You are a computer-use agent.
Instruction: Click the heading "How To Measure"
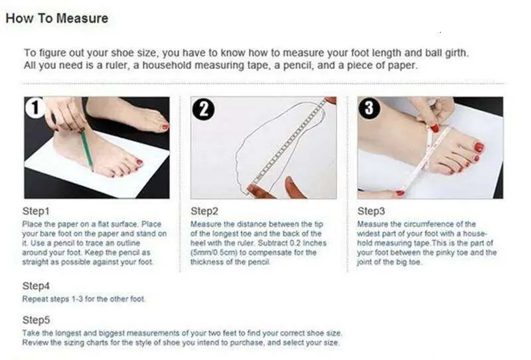click(57, 18)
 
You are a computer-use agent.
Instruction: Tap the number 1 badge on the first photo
click(35, 108)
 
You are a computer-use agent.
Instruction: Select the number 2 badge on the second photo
click(203, 109)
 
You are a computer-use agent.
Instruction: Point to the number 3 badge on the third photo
click(369, 108)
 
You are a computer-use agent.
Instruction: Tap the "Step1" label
click(36, 211)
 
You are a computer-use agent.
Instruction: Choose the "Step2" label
click(204, 211)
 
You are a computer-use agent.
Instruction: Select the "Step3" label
click(371, 211)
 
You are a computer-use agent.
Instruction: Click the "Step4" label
click(36, 286)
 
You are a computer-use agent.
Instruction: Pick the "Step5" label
click(36, 320)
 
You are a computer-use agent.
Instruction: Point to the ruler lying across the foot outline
click(288, 144)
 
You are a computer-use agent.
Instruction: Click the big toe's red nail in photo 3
click(479, 147)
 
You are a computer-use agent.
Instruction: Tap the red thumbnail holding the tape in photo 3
click(435, 128)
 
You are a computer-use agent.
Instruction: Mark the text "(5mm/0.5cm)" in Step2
click(214, 252)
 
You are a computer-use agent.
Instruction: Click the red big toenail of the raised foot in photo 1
click(165, 127)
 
